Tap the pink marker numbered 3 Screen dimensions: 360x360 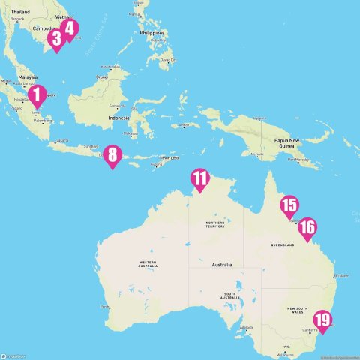[55, 39]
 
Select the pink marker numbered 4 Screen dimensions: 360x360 [70, 28]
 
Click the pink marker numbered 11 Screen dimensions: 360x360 [200, 178]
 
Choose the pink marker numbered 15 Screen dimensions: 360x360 [289, 205]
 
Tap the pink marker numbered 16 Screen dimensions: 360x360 [307, 227]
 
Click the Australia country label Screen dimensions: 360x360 [222, 265]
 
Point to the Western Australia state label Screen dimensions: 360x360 [147, 263]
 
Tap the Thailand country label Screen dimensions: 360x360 [20, 13]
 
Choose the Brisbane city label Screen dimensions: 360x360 [343, 275]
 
